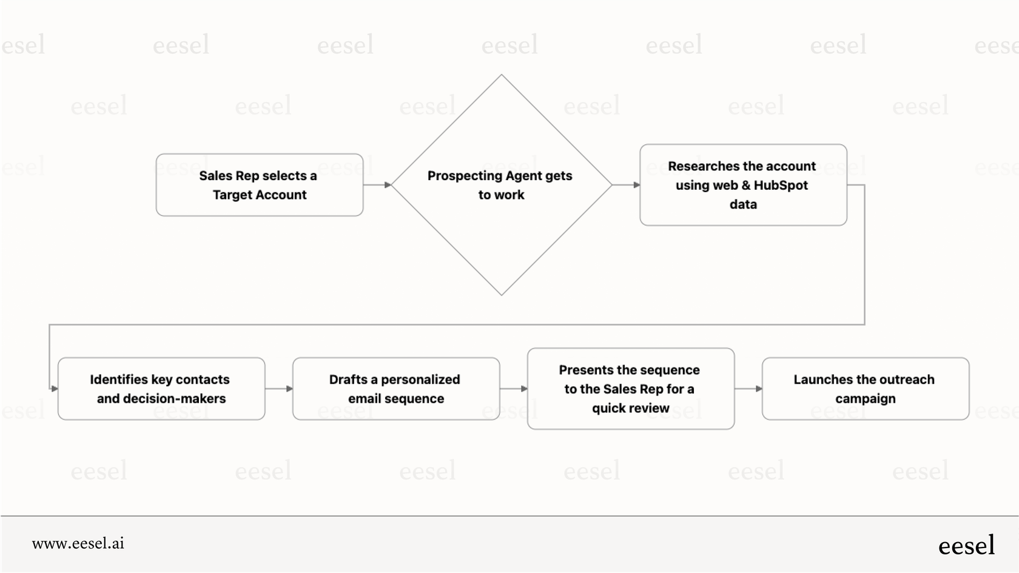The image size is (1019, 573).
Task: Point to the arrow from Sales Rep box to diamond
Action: [377, 185]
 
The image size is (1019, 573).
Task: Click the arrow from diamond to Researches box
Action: [626, 185]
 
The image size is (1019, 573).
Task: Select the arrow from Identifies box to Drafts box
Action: [279, 389]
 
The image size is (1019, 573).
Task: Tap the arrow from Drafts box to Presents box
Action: [514, 389]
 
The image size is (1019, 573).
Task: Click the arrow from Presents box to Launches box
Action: [748, 389]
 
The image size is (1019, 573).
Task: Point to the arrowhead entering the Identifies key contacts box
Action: [55, 389]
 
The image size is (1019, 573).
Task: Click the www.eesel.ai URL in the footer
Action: [78, 543]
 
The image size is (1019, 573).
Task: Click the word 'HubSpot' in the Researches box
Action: [781, 186]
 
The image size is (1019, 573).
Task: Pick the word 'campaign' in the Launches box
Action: [866, 399]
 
